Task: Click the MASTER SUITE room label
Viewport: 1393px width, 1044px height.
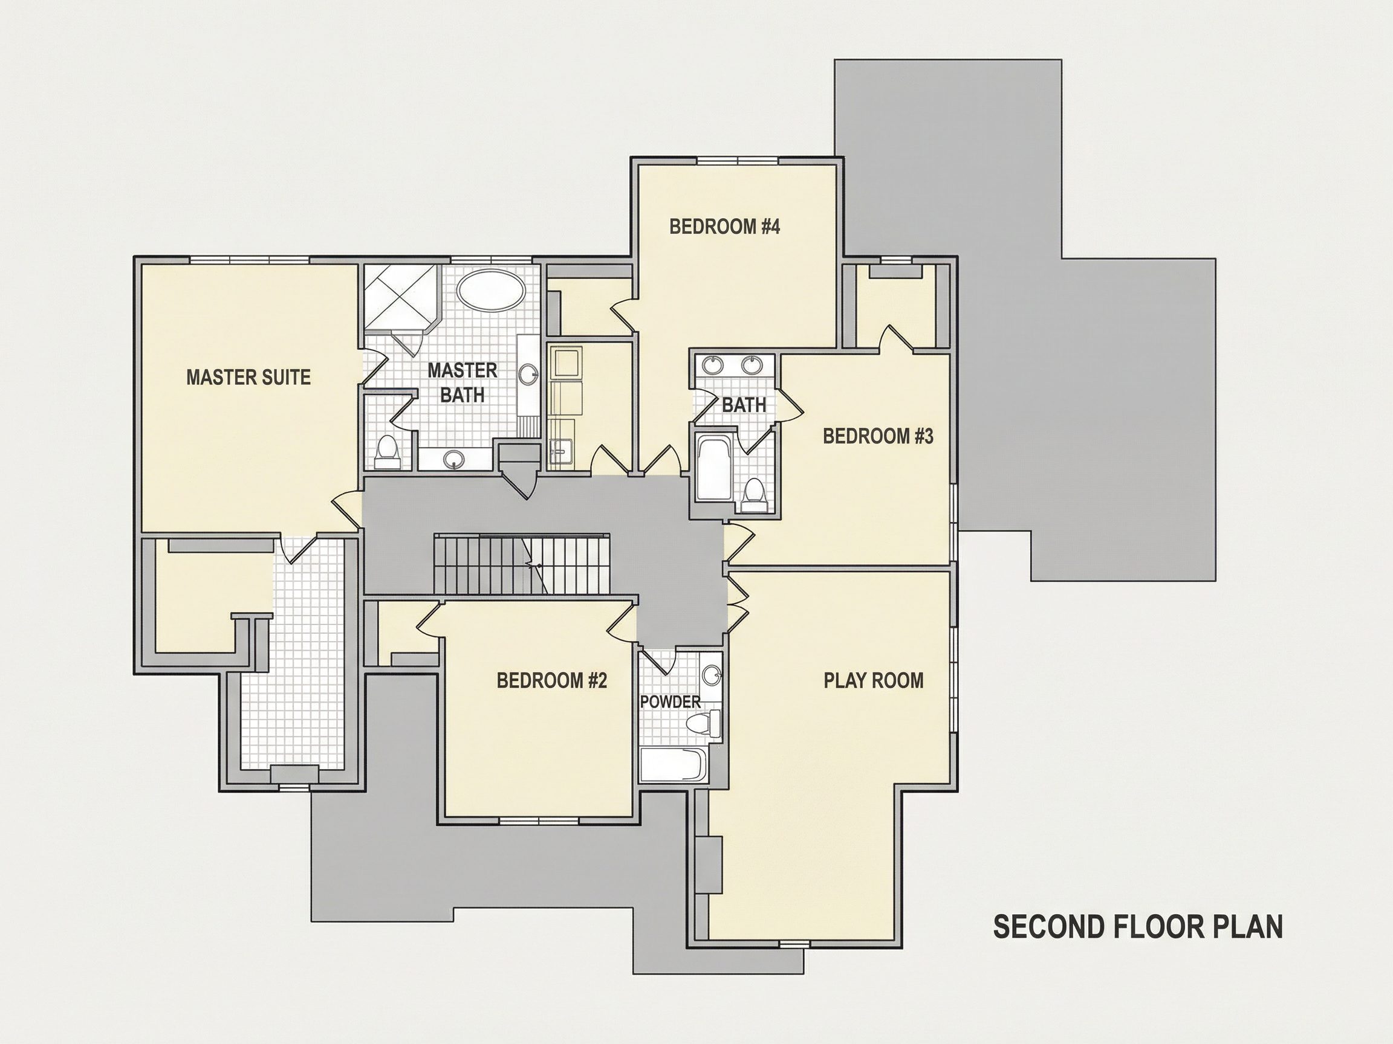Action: coord(248,377)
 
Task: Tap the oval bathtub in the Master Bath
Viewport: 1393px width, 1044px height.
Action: coord(490,290)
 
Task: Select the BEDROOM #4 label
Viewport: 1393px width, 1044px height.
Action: coord(725,227)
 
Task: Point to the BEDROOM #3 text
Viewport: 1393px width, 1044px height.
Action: coord(878,436)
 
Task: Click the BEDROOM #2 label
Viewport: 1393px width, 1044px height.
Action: coord(551,680)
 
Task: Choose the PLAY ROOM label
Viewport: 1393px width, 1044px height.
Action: coord(874,680)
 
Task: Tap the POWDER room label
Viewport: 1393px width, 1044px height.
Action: coord(670,701)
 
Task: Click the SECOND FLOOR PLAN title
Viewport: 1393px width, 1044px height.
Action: coord(1138,927)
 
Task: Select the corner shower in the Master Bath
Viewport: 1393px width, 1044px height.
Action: coord(401,297)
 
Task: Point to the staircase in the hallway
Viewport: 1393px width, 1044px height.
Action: coord(521,563)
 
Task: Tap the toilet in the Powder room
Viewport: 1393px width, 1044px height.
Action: coord(704,724)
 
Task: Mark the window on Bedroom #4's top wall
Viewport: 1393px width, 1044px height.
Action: coord(738,162)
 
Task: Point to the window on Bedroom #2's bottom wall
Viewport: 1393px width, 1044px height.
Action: coord(540,820)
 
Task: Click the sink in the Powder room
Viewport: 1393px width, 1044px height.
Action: coord(712,676)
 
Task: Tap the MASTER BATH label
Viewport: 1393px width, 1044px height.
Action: coord(463,382)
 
